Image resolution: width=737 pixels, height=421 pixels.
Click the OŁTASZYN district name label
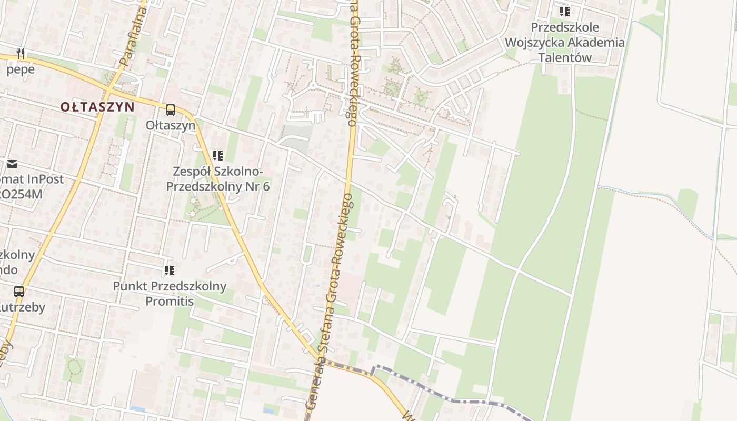pos(97,107)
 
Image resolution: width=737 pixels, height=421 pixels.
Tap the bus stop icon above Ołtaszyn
pos(171,110)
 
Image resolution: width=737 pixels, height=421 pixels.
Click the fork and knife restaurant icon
pos(21,53)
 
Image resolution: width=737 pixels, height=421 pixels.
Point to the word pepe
pos(21,69)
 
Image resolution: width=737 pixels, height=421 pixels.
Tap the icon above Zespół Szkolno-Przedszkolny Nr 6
pos(218,156)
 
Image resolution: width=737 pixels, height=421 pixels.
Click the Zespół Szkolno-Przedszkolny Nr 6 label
pos(218,179)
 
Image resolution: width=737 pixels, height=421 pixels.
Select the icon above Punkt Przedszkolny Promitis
pos(170,270)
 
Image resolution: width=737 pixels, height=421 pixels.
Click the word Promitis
pos(170,302)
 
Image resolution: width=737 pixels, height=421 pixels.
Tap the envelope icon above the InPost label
pos(12,164)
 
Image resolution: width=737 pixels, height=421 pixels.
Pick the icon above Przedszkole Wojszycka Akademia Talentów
pos(565,12)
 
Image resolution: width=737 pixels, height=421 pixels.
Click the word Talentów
pos(565,58)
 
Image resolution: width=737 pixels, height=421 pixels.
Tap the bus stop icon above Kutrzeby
pos(19,291)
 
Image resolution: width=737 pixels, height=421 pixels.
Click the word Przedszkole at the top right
pos(565,27)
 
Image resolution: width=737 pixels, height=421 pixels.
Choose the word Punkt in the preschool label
pos(130,287)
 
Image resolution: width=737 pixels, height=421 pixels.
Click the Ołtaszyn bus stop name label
pos(171,125)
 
